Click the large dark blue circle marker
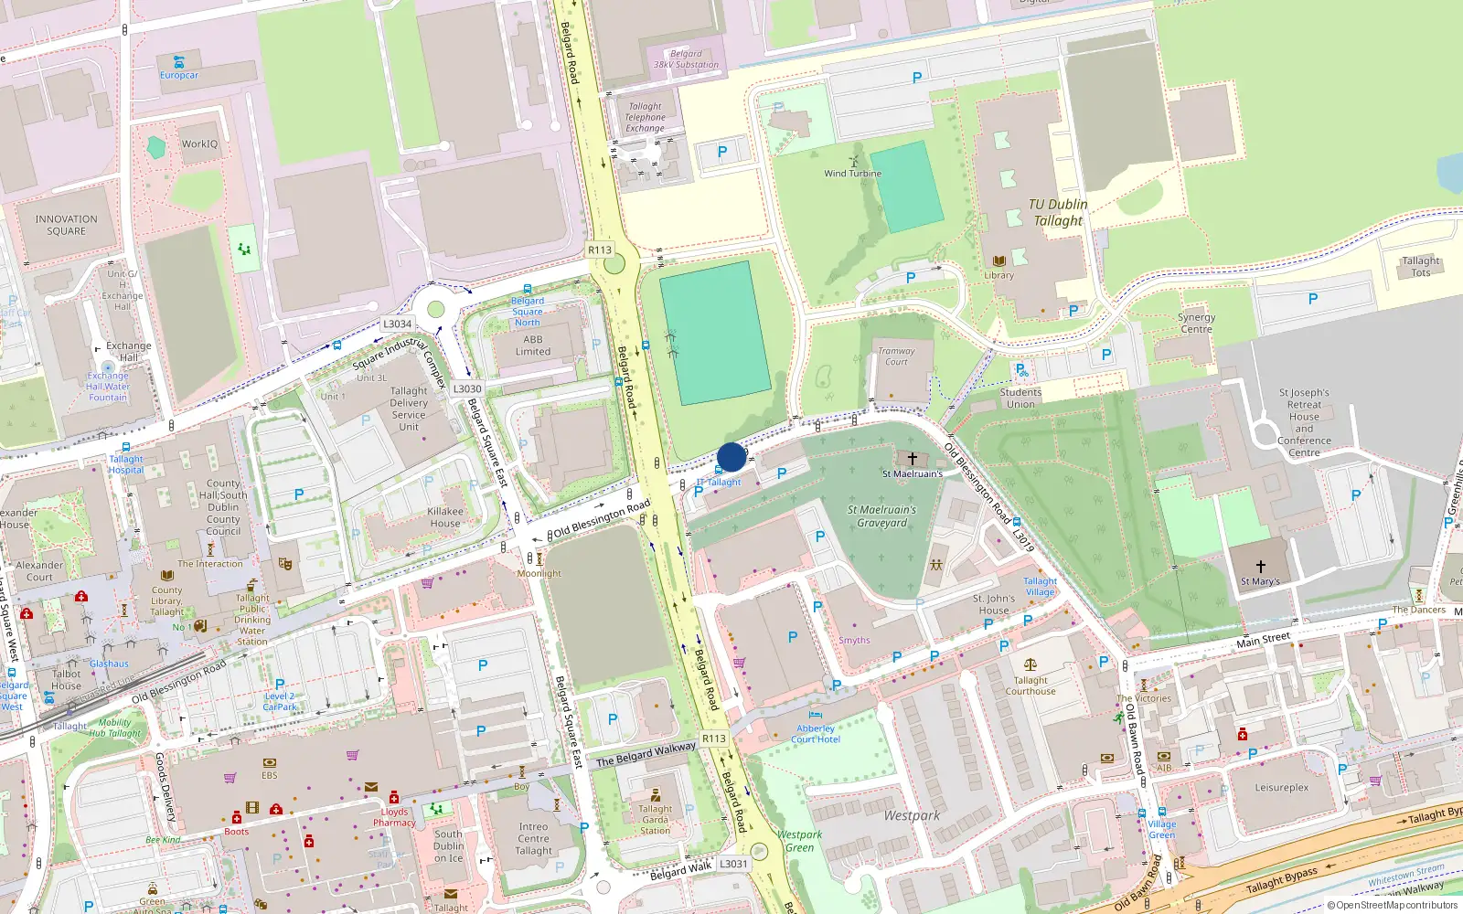pos(731,457)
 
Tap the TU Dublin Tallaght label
pos(1058,213)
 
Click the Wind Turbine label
pos(852,173)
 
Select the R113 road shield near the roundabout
pos(600,250)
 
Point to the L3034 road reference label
pos(397,324)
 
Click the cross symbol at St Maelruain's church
pos(912,459)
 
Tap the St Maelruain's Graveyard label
pos(881,516)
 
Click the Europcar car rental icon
pos(179,62)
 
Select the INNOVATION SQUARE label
pos(66,225)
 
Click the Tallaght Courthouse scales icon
pos(1031,666)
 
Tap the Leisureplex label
pos(1281,787)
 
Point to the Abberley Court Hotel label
pos(815,734)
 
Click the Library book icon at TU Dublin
pos(998,261)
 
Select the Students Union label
pos(1020,399)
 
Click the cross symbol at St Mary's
pos(1260,567)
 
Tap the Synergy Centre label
pos(1196,324)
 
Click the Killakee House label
pos(445,517)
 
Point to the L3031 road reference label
pos(733,863)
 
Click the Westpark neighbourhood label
pos(912,815)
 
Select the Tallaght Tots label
pos(1420,266)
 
